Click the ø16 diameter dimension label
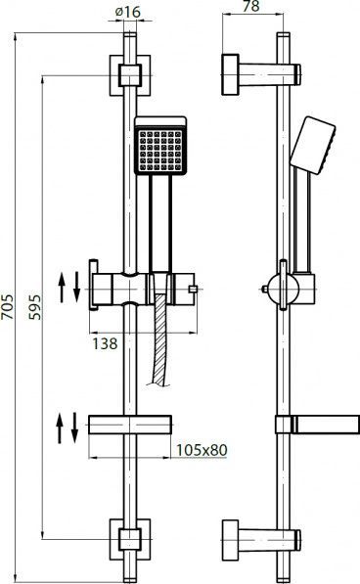[x=128, y=12]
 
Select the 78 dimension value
[x=250, y=6]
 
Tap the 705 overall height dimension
[x=7, y=306]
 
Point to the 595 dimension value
[x=35, y=307]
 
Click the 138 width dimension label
[x=105, y=343]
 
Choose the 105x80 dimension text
[x=202, y=450]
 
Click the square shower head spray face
[x=160, y=151]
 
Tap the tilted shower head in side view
[x=313, y=145]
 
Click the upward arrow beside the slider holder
[x=62, y=288]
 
